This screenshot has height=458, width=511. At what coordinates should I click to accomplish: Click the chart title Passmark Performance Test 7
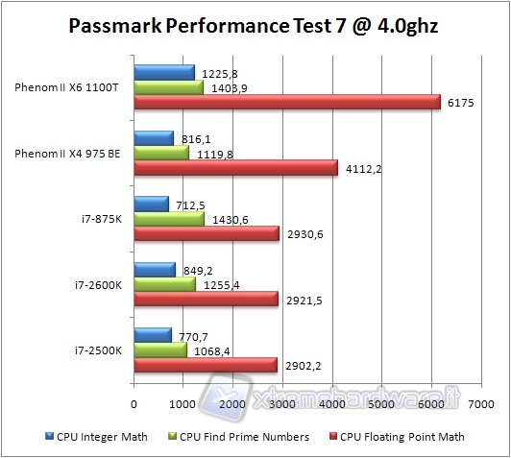[x=255, y=26]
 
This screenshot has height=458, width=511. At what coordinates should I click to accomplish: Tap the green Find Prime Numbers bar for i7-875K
[x=169, y=218]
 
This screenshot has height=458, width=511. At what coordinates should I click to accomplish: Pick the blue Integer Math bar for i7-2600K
[x=154, y=269]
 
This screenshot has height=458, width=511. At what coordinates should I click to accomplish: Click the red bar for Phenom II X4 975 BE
[x=235, y=168]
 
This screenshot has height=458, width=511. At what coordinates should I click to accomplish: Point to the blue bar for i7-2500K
[x=152, y=334]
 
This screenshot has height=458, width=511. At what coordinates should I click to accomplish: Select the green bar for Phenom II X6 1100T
[x=168, y=87]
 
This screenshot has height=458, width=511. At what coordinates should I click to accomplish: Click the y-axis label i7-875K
[x=102, y=218]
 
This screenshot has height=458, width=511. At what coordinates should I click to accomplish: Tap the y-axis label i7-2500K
[x=99, y=350]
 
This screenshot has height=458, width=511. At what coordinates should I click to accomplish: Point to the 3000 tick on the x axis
[x=282, y=404]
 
